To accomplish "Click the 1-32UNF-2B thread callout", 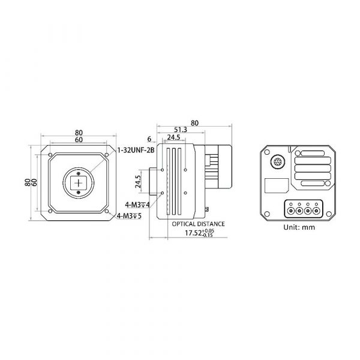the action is (136, 151).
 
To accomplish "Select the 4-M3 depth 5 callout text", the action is (129, 216).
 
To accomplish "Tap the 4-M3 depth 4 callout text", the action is (137, 205).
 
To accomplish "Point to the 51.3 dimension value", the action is (181, 130).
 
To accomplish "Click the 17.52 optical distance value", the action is (200, 233).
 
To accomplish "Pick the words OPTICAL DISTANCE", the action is (199, 224).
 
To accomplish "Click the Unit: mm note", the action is (299, 227).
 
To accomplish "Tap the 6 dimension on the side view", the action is (149, 139).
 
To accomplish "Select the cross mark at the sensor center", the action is (79, 183).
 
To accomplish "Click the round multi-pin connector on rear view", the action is (277, 161).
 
